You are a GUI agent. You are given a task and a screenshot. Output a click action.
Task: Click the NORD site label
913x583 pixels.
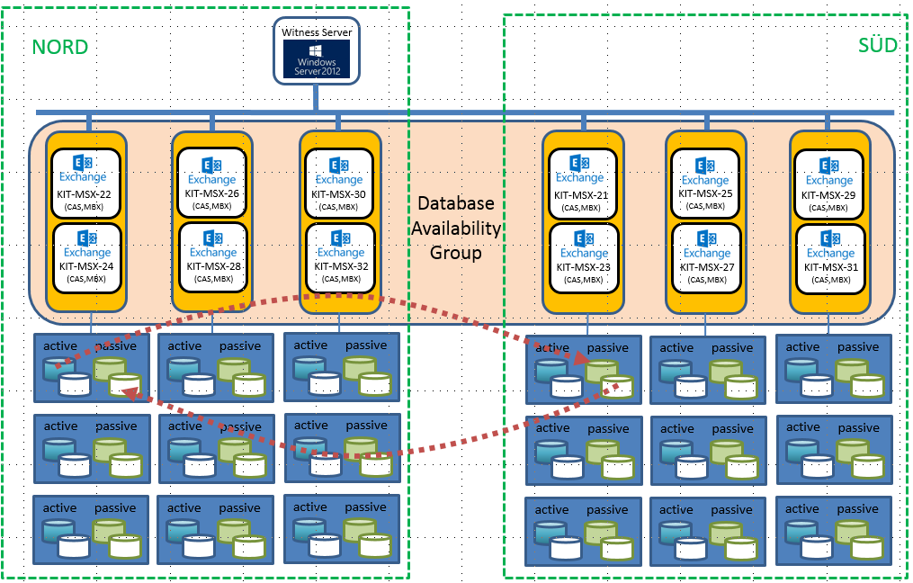pos(60,48)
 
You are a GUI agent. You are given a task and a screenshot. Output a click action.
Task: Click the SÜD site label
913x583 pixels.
pos(878,45)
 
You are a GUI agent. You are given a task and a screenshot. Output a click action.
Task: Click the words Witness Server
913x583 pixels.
pos(316,31)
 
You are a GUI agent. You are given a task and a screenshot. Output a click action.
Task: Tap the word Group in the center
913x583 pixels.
pos(455,253)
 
